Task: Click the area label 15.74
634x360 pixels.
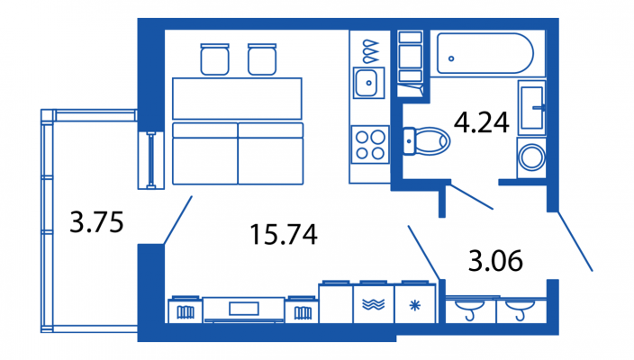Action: pyautogui.click(x=284, y=234)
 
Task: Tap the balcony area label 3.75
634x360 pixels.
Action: pyautogui.click(x=96, y=221)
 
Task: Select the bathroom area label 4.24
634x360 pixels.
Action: pyautogui.click(x=482, y=122)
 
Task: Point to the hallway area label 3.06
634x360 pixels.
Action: pyautogui.click(x=495, y=260)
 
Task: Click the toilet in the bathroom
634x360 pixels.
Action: pyautogui.click(x=426, y=141)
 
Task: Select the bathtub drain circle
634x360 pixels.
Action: pyautogui.click(x=451, y=58)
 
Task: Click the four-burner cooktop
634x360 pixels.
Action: pyautogui.click(x=370, y=144)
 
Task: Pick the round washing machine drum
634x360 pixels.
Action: pyautogui.click(x=531, y=157)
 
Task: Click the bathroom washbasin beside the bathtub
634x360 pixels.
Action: pyautogui.click(x=531, y=107)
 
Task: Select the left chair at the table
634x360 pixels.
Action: pyautogui.click(x=214, y=59)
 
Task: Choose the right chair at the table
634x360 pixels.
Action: pyautogui.click(x=262, y=59)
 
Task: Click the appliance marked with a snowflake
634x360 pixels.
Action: pyautogui.click(x=415, y=303)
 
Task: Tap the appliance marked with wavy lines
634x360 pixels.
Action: pyautogui.click(x=373, y=303)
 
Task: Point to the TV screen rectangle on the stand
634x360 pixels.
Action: pyautogui.click(x=244, y=309)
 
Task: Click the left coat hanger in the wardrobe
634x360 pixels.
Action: pyautogui.click(x=470, y=310)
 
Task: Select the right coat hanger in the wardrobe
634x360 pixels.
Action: pyautogui.click(x=521, y=310)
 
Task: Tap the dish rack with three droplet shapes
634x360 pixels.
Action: pyautogui.click(x=370, y=51)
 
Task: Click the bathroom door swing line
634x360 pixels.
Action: pyautogui.click(x=472, y=197)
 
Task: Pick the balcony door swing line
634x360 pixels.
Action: pyautogui.click(x=178, y=220)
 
